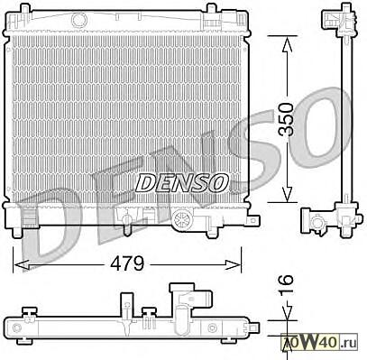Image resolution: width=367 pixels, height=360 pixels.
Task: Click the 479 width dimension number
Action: (x=127, y=264)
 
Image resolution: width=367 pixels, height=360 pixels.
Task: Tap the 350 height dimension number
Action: (x=286, y=119)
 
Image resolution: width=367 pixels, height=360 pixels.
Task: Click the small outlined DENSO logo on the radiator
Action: (x=181, y=182)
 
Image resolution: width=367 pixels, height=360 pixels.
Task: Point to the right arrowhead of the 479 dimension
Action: (x=234, y=264)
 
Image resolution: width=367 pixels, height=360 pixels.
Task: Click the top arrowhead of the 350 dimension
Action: (x=288, y=43)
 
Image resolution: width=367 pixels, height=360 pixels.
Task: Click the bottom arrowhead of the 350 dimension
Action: (x=288, y=194)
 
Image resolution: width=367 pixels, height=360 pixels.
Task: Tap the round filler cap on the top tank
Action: (x=79, y=19)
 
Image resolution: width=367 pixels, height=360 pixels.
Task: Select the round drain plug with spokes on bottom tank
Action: (x=182, y=217)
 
